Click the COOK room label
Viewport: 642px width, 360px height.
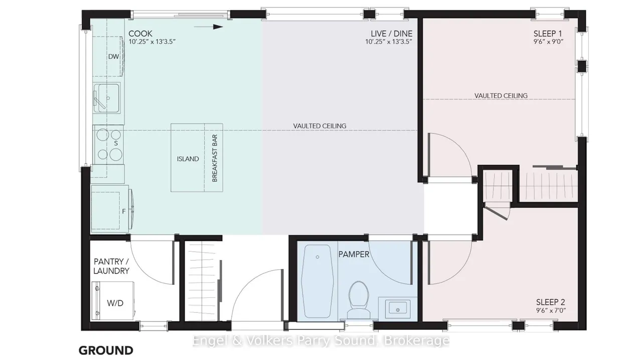click(140, 34)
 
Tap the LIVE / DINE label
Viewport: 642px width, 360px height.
click(392, 34)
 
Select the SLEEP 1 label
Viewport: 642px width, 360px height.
click(548, 34)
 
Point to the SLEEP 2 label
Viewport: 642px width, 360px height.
click(550, 302)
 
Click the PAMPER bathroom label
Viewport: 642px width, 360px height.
click(354, 254)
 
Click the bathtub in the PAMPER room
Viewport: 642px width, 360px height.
click(317, 281)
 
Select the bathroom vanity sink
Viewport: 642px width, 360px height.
click(398, 309)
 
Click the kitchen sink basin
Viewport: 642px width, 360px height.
click(108, 98)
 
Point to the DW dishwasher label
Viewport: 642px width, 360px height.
click(113, 57)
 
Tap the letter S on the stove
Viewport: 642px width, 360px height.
click(116, 143)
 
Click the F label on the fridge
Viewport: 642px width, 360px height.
click(124, 211)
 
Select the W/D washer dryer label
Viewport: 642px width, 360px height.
click(115, 303)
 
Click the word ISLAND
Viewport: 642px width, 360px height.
click(188, 159)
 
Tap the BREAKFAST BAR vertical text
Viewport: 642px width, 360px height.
click(215, 158)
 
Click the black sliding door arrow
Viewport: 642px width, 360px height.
click(208, 27)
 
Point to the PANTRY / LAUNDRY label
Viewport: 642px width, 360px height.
click(111, 266)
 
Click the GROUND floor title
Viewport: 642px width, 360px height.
click(106, 350)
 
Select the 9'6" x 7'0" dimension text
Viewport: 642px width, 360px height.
click(551, 310)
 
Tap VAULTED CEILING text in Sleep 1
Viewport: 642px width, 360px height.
click(501, 96)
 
